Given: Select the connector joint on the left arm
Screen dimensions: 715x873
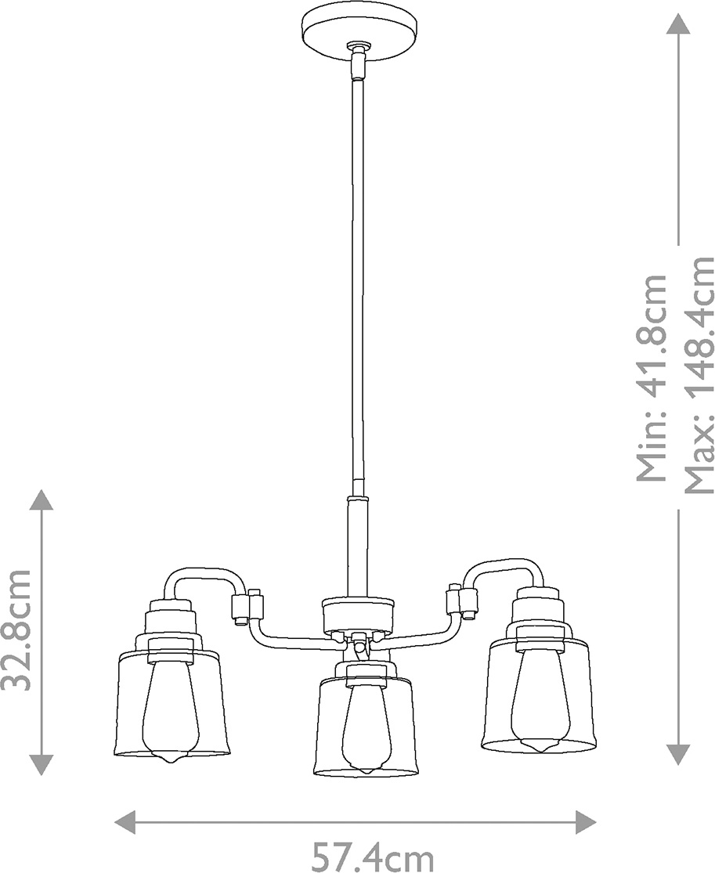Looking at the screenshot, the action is (x=247, y=606).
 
